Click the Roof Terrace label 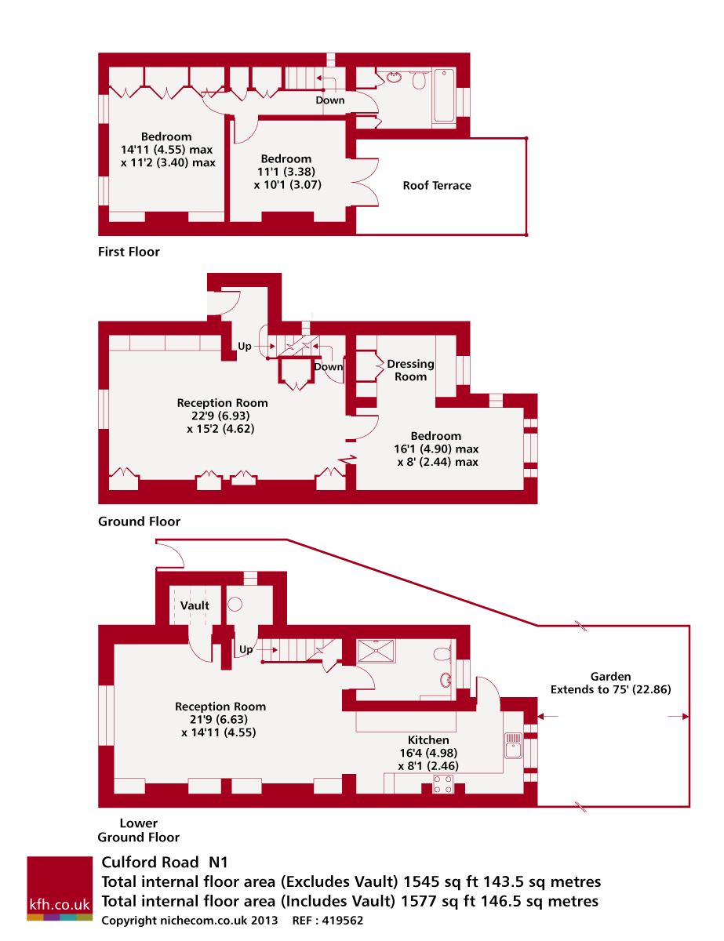click(437, 186)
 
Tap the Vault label click(195, 605)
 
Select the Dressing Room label click(410, 370)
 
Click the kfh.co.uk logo click(60, 888)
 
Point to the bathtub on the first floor click(444, 96)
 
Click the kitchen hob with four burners click(443, 784)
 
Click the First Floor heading click(129, 252)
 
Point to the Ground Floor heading click(139, 521)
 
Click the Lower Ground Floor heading click(139, 830)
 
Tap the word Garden click(610, 676)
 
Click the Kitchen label click(428, 740)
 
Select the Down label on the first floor click(330, 100)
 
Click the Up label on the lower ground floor click(246, 649)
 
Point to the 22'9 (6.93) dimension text click(222, 416)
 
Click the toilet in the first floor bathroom click(418, 79)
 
